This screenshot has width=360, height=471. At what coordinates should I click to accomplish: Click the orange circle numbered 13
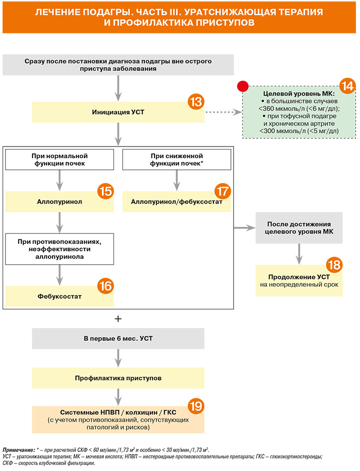click(196, 101)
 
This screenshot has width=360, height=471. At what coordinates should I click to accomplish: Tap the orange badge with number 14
click(347, 86)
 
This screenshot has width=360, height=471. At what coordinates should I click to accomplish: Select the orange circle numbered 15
click(105, 191)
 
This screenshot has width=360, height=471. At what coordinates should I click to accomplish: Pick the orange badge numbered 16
click(105, 285)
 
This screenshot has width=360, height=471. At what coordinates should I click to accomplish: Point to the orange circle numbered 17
click(222, 191)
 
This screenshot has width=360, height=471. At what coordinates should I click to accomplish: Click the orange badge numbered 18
click(334, 264)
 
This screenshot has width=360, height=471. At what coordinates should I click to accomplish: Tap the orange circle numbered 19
click(196, 406)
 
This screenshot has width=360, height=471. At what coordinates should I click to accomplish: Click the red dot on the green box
click(243, 86)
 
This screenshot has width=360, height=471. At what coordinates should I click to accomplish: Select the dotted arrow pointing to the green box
click(223, 112)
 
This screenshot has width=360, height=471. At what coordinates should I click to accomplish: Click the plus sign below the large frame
click(118, 318)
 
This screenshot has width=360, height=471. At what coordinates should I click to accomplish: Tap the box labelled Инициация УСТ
click(118, 112)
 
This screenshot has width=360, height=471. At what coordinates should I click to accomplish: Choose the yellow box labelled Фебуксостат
click(59, 296)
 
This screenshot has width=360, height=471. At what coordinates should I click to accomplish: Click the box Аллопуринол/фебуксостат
click(176, 202)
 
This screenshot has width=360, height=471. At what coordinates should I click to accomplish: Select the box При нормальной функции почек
click(59, 159)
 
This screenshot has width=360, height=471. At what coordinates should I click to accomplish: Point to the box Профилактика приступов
click(118, 378)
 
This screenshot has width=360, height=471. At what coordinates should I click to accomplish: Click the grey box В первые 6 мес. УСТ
click(118, 338)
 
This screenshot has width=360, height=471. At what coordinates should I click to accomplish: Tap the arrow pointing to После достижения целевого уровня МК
click(244, 228)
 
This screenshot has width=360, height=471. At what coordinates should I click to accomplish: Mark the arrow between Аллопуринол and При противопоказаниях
click(59, 222)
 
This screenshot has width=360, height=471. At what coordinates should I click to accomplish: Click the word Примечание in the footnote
click(19, 450)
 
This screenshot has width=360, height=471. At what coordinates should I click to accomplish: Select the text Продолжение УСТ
click(299, 277)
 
